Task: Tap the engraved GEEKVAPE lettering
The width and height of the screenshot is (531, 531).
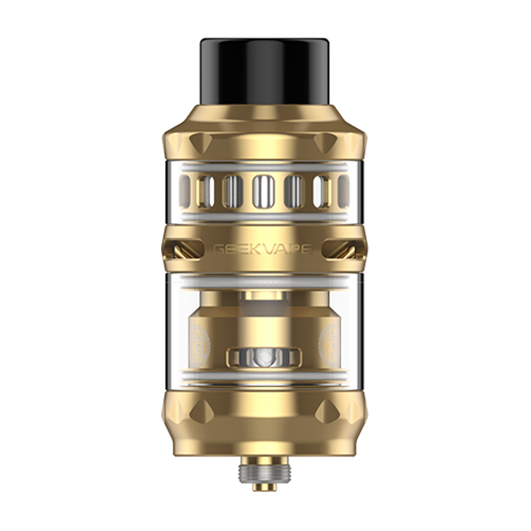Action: click(262, 250)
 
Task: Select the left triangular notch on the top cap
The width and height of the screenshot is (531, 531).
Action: click(200, 142)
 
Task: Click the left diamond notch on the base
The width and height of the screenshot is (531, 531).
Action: click(201, 411)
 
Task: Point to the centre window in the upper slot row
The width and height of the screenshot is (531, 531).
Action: click(263, 191)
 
